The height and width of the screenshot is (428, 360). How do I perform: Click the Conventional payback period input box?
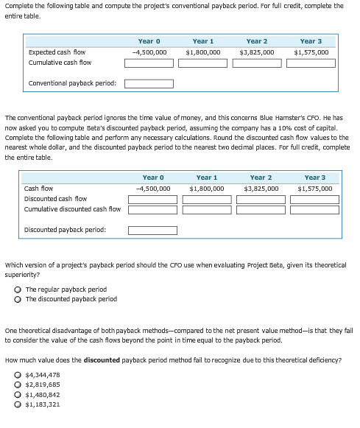pyautogui.click(x=149, y=83)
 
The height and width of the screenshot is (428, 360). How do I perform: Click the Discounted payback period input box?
pyautogui.click(x=152, y=230)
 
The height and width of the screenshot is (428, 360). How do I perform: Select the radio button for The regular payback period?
pyautogui.click(x=18, y=290)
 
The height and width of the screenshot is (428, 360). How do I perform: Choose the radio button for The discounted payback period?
pyautogui.click(x=18, y=299)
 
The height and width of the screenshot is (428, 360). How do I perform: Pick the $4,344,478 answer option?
pyautogui.click(x=18, y=376)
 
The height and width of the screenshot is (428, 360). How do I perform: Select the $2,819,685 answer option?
pyautogui.click(x=18, y=385)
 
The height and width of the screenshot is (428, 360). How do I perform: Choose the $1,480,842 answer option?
pyautogui.click(x=18, y=395)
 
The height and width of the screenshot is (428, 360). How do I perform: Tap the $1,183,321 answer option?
pyautogui.click(x=18, y=404)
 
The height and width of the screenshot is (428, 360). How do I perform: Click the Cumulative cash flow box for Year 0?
pyautogui.click(x=149, y=63)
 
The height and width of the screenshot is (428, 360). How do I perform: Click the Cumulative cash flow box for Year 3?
pyautogui.click(x=311, y=63)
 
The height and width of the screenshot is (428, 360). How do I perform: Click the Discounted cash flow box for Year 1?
pyautogui.click(x=207, y=199)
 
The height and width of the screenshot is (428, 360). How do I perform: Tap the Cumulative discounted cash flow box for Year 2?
pyautogui.click(x=261, y=210)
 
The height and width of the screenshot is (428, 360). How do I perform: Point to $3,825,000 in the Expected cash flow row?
pyautogui.click(x=257, y=52)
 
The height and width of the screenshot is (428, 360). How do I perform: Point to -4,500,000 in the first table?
pyautogui.click(x=149, y=52)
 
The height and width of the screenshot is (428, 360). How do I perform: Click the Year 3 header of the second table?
pyautogui.click(x=314, y=178)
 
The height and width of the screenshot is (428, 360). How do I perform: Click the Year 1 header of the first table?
pyautogui.click(x=203, y=41)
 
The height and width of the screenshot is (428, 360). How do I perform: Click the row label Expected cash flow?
pyautogui.click(x=57, y=52)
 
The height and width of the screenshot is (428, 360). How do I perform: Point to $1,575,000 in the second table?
pyautogui.click(x=314, y=189)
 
